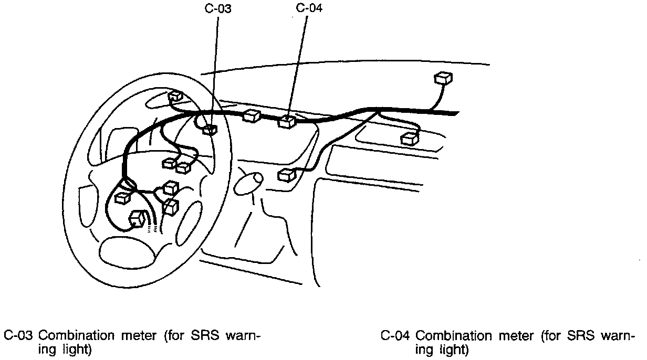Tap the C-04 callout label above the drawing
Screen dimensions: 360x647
[309, 8]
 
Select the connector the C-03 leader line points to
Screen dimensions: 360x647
[210, 129]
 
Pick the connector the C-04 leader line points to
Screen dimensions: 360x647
[287, 122]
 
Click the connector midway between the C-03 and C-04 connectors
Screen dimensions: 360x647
[252, 116]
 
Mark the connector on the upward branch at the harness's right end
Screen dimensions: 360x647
[443, 78]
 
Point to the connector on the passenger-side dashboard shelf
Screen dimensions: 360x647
[409, 139]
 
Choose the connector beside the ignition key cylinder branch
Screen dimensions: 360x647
[286, 175]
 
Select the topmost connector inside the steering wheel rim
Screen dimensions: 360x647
[175, 96]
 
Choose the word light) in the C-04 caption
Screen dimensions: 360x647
[451, 349]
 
